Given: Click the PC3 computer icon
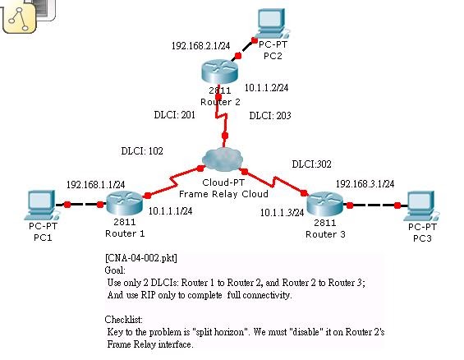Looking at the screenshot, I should pos(421,203).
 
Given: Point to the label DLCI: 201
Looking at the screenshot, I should pos(174,116).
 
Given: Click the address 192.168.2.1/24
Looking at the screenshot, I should pos(200,46).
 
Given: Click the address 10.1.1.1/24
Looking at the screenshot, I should pos(171,211).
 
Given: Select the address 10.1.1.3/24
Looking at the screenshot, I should pos(282,213).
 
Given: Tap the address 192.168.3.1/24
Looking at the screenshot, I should pos(365,183).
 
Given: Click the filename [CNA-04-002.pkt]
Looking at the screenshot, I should pos(142,257).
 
